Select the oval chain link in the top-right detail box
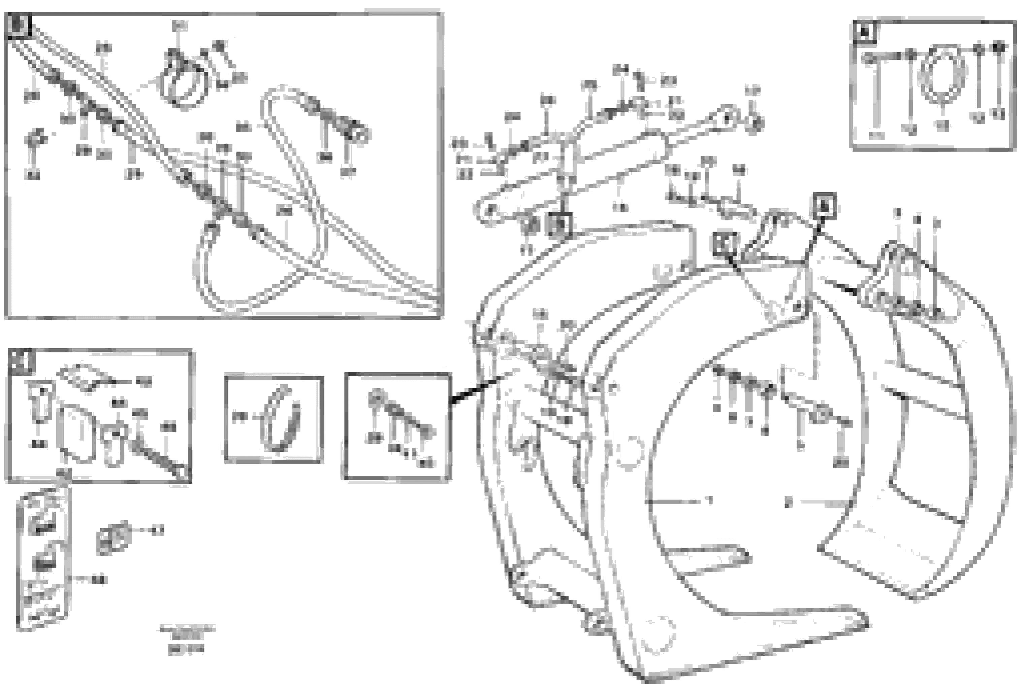pos(941,75)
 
